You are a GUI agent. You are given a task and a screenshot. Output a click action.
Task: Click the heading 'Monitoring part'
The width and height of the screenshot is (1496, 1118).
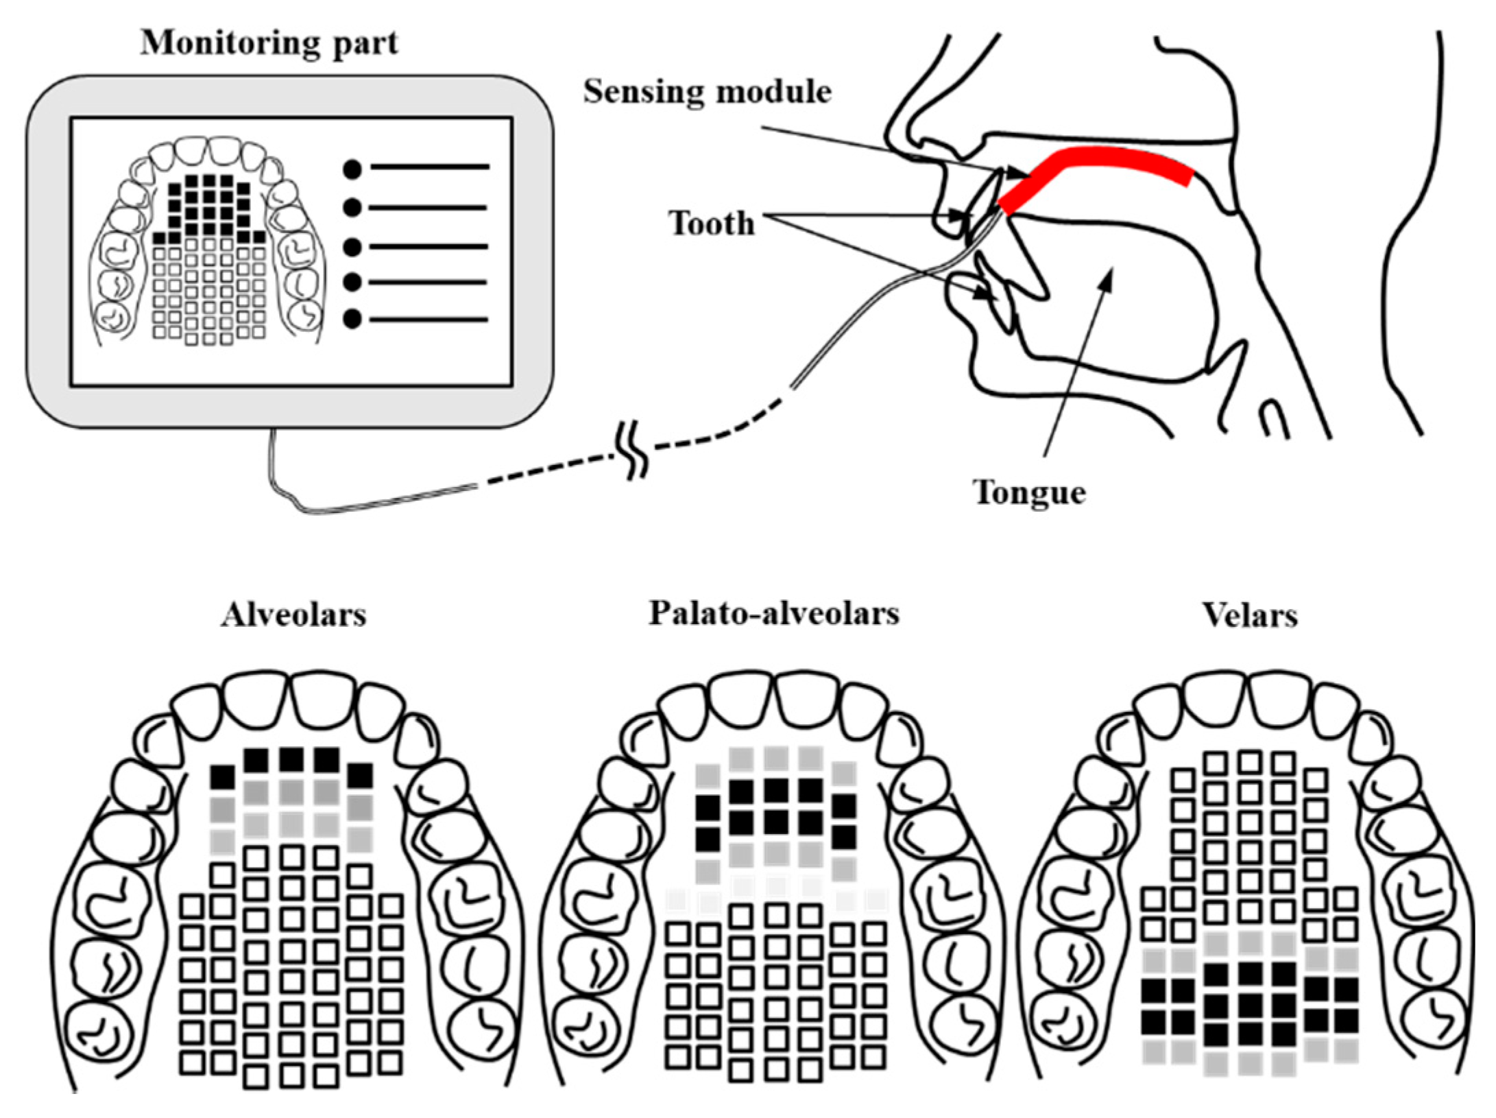tap(269, 44)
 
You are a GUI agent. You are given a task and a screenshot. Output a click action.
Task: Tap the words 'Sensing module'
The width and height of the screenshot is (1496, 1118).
tap(707, 92)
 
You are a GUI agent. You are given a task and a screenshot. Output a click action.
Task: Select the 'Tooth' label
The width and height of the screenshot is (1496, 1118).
tap(711, 224)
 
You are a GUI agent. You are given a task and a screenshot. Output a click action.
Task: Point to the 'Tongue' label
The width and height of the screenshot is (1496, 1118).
tap(1028, 492)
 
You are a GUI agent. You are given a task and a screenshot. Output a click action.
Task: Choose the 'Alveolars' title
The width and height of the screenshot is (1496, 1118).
tap(293, 615)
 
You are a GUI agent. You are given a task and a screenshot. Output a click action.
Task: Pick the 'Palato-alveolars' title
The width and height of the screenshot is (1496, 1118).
tap(773, 613)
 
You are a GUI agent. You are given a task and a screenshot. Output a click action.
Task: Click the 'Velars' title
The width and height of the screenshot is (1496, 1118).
tap(1249, 616)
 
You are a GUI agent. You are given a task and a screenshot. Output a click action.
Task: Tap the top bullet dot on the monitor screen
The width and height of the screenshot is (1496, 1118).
tap(352, 169)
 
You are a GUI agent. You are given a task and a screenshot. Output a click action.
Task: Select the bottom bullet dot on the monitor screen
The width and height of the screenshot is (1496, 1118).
tap(352, 319)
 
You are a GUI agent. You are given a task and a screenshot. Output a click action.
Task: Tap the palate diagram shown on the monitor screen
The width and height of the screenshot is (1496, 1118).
tap(209, 243)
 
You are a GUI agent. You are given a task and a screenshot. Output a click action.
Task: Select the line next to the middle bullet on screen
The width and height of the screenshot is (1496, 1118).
tap(429, 246)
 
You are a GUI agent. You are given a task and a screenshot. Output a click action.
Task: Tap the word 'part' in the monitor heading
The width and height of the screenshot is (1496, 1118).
tap(365, 44)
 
